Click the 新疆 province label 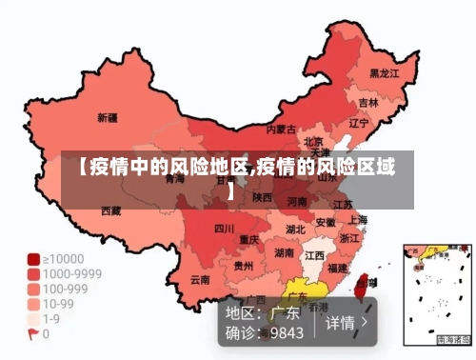(x=108, y=119)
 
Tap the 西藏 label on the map (x=112, y=210)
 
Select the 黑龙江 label (x=385, y=72)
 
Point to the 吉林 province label (x=368, y=102)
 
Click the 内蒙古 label (x=281, y=129)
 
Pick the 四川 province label (x=224, y=229)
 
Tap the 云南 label (x=200, y=280)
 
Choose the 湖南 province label (x=284, y=253)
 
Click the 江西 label (x=315, y=256)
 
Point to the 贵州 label (x=244, y=266)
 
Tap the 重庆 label (x=249, y=239)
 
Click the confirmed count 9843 (x=287, y=333)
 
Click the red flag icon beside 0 (x=33, y=334)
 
